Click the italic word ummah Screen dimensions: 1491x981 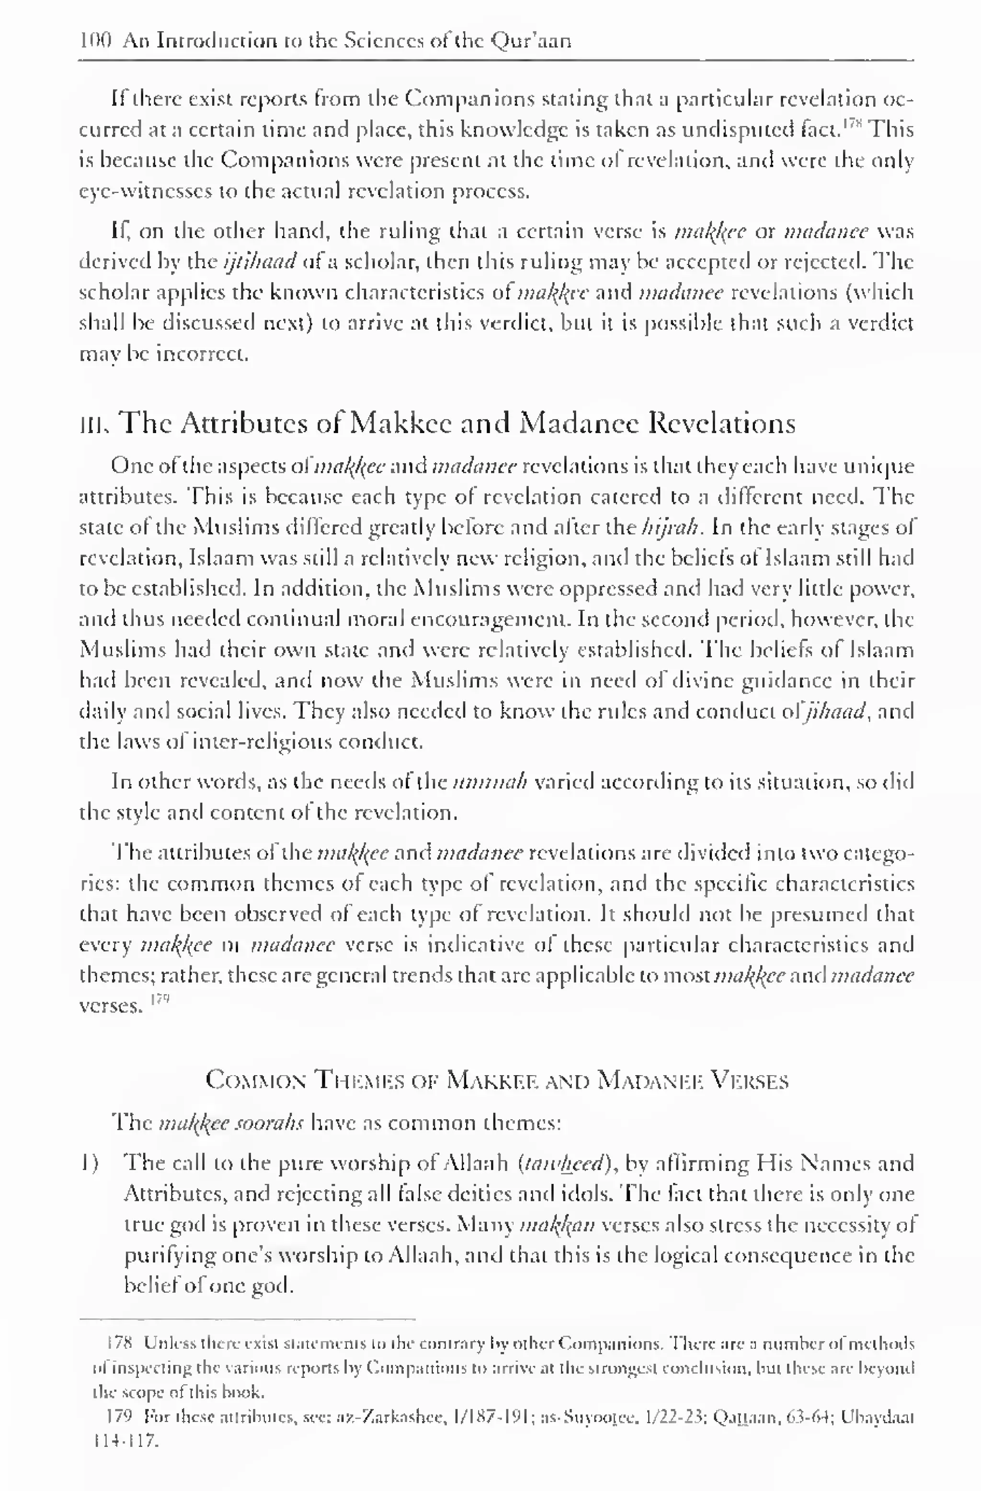click(490, 782)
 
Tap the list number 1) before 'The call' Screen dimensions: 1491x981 click(90, 1163)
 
